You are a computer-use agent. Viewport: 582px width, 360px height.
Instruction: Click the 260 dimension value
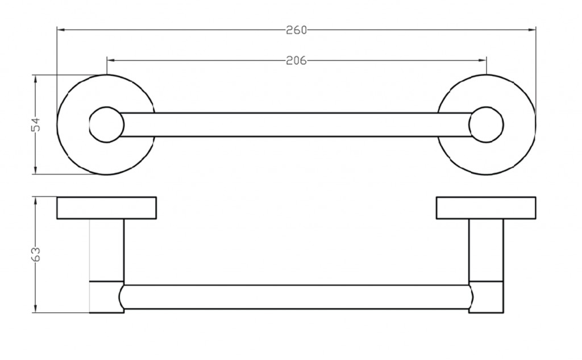(x=297, y=30)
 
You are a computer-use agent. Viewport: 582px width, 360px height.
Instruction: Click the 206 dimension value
(x=297, y=60)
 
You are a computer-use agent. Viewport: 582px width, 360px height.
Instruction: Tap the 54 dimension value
(x=36, y=125)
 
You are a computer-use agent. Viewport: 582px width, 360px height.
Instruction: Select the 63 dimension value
(x=36, y=254)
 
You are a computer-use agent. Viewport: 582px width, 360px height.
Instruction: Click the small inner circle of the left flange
(x=107, y=107)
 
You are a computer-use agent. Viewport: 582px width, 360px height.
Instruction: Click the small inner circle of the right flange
(x=487, y=107)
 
